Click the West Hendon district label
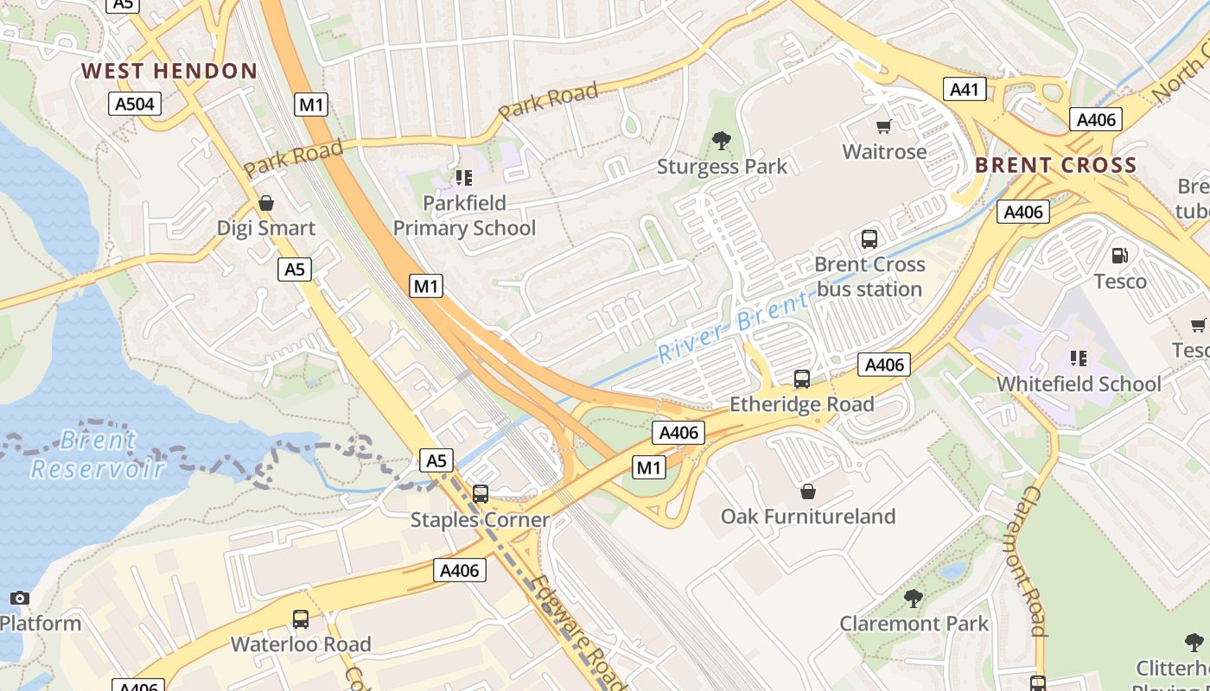[x=169, y=71]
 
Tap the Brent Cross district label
[x=1055, y=165]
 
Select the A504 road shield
[x=137, y=105]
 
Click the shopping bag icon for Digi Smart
[x=266, y=204]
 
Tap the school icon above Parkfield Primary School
[x=464, y=178]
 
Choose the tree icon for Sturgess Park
[x=722, y=141]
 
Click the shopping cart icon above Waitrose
[x=883, y=127]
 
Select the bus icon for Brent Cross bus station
[x=869, y=239]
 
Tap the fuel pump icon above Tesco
[x=1120, y=256]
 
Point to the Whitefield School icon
[x=1078, y=358]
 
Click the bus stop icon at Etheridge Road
[x=802, y=379]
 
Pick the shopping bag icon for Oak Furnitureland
[x=807, y=491]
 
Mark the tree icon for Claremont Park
[x=913, y=598]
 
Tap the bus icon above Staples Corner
[x=481, y=494]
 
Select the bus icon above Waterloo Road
[x=301, y=619]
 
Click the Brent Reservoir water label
[x=97, y=454]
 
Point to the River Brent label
[x=734, y=326]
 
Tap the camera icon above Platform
[x=19, y=598]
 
